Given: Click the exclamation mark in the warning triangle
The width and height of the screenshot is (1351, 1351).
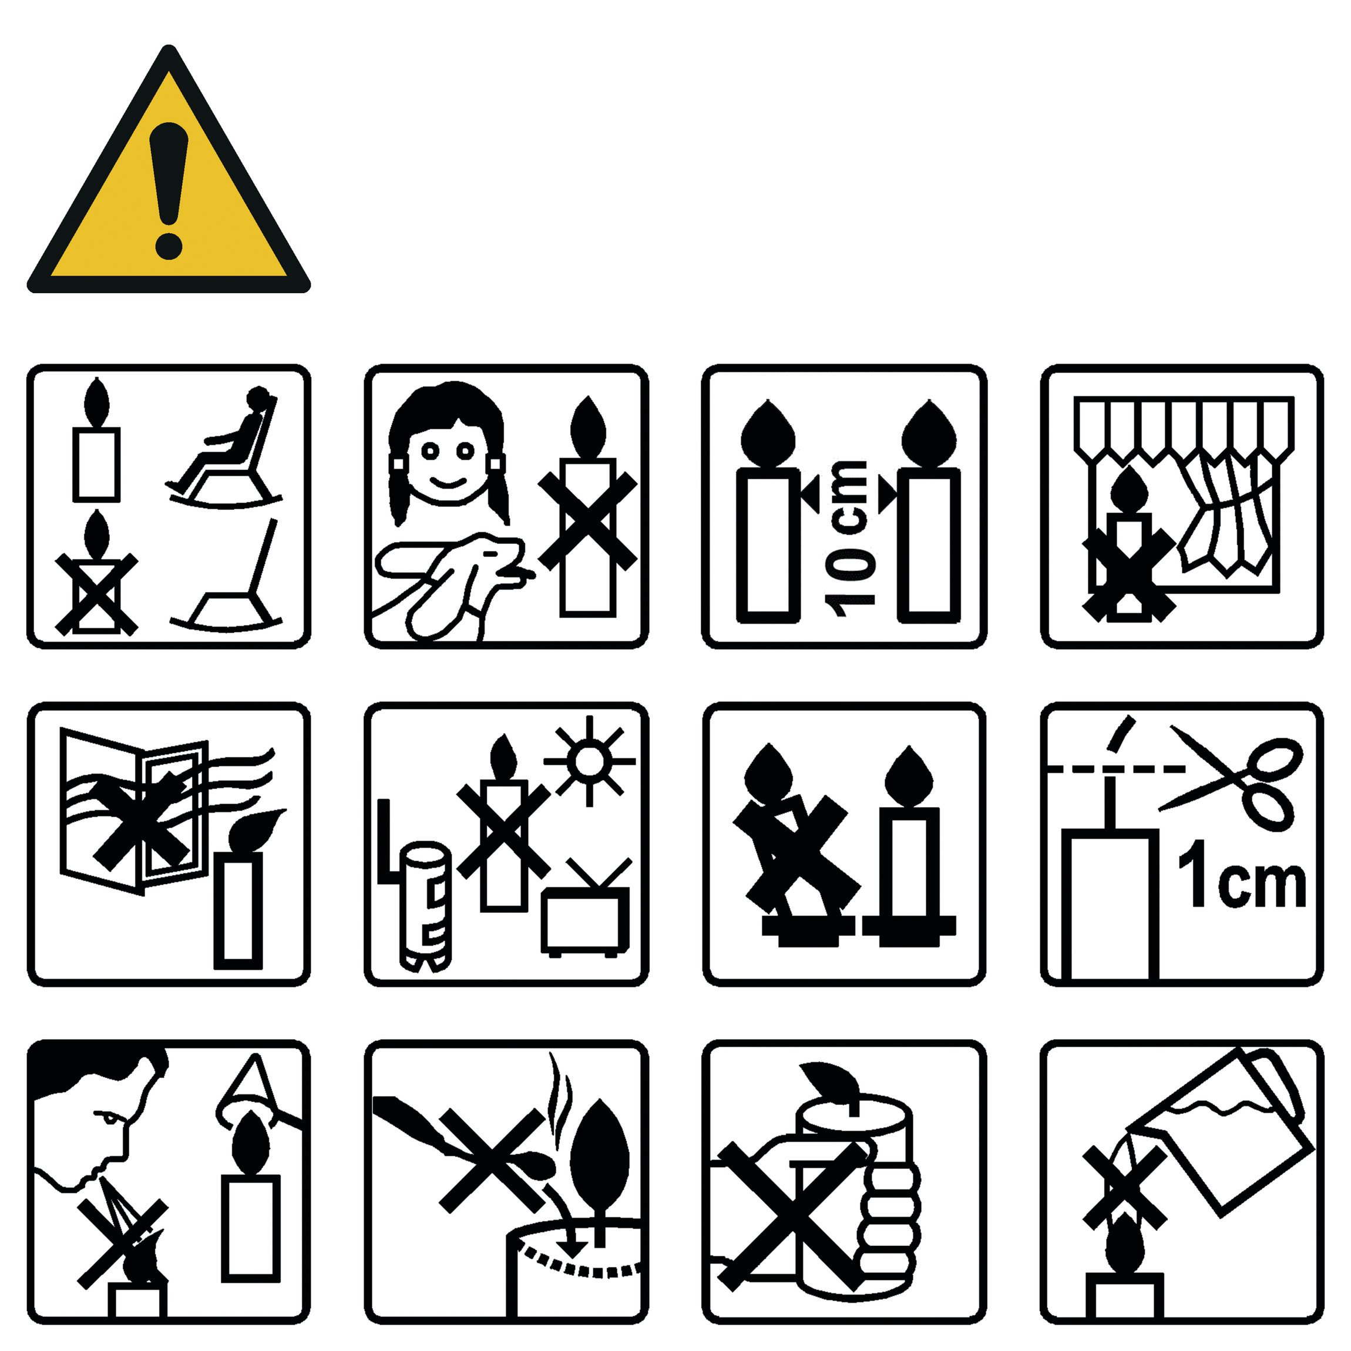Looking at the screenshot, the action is coord(169,190).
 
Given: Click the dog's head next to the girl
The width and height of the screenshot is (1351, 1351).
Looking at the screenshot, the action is coord(489,556).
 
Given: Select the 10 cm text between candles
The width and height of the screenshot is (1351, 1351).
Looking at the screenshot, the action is coord(849,539).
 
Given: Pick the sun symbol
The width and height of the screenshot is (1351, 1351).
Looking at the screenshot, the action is coord(590,761).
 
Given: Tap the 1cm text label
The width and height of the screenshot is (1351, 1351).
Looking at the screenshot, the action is coord(1241,875).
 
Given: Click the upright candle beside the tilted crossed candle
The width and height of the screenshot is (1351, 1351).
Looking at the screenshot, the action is coord(909,846).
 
